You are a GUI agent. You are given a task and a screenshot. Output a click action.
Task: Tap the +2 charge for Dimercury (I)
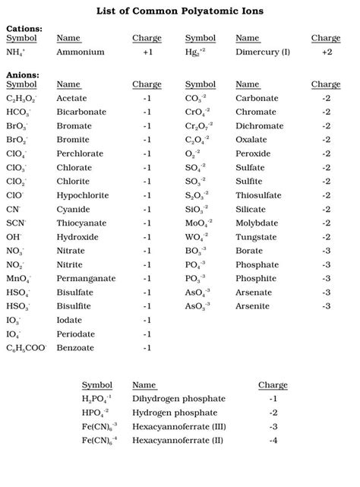point(327,53)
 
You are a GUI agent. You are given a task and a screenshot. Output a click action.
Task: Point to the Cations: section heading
point(24,28)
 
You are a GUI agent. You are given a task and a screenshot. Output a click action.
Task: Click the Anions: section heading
point(23,74)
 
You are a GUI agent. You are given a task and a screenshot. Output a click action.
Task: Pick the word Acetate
point(73,98)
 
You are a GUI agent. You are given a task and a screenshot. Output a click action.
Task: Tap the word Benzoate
point(76,347)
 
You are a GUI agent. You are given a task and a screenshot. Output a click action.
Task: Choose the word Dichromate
point(261,125)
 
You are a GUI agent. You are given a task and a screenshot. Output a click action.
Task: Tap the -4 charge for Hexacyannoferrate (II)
point(273,441)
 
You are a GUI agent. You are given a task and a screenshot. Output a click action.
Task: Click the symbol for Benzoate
point(27,348)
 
